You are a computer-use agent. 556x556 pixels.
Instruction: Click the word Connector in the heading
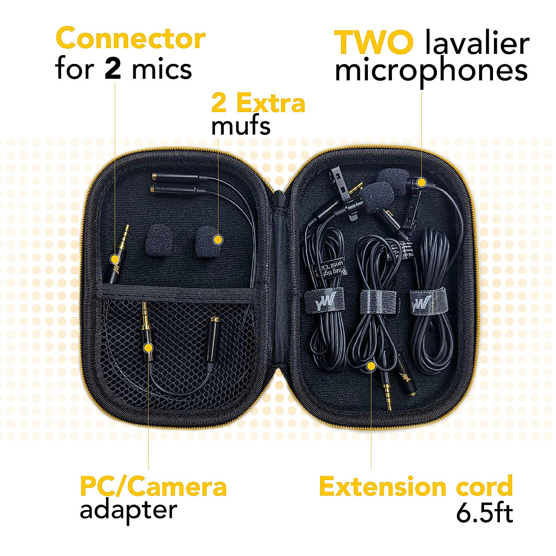(x=130, y=39)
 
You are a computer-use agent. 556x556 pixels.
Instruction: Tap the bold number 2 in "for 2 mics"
(x=113, y=69)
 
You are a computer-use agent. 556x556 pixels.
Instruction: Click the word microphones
(x=431, y=72)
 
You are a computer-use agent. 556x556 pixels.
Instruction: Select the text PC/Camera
(x=153, y=486)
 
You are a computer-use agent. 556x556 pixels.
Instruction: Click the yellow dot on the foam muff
(x=217, y=240)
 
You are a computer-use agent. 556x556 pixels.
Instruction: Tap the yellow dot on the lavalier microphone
(x=421, y=183)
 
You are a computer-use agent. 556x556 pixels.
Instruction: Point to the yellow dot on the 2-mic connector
(x=114, y=258)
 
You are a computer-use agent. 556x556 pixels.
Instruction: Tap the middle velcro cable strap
(x=374, y=300)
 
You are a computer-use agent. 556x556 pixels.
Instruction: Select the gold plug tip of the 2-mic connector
(x=125, y=233)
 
